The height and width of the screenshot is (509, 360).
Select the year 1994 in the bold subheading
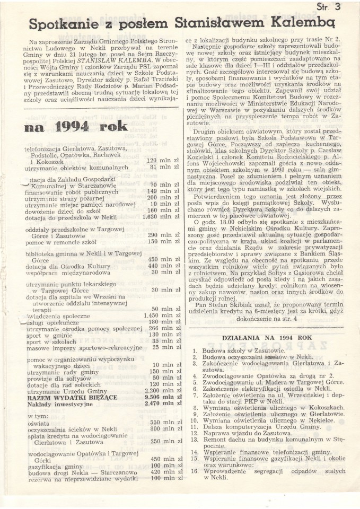coord(76,126)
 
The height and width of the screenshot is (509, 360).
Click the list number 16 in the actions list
coord(194,470)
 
